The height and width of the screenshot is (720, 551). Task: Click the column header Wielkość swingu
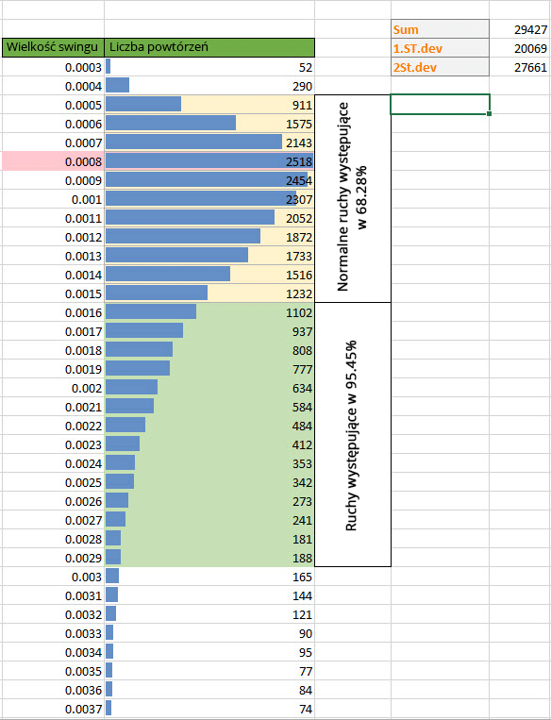pos(52,47)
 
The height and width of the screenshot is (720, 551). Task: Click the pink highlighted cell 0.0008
pos(52,161)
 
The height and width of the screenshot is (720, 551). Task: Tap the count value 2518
pos(298,161)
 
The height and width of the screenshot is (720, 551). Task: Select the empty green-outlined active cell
pos(439,105)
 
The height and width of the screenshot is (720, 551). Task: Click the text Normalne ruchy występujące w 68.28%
pos(352,198)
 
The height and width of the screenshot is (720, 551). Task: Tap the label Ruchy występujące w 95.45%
pos(352,435)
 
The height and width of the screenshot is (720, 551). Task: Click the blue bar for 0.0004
pos(118,86)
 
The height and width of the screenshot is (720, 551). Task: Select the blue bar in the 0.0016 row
pos(151,312)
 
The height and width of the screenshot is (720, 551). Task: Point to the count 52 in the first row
pos(305,67)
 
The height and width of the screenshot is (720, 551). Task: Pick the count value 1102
pos(298,312)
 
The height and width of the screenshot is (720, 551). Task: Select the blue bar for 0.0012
pos(183,237)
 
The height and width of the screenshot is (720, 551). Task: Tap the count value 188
pos(301,558)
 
